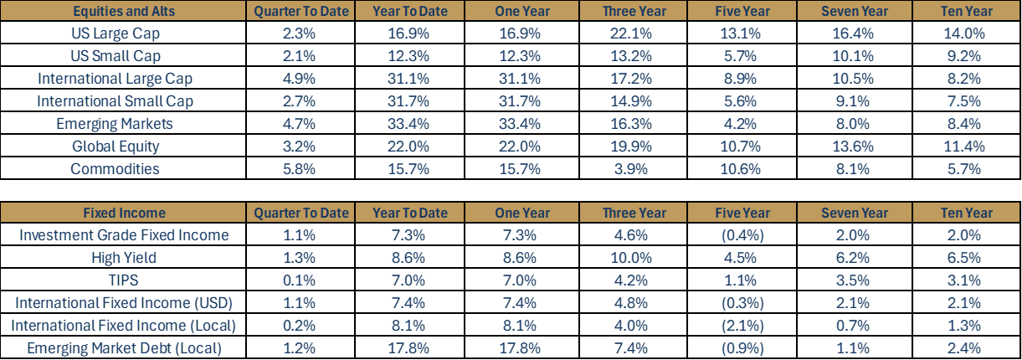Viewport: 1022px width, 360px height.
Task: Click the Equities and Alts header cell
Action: click(x=123, y=11)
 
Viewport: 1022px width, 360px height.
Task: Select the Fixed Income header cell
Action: click(x=123, y=213)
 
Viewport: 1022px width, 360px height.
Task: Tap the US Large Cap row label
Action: click(x=116, y=33)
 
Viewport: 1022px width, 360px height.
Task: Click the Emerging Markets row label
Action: click(x=115, y=124)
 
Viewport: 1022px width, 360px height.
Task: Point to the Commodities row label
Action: click(x=115, y=169)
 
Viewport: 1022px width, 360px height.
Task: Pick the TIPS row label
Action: click(x=124, y=280)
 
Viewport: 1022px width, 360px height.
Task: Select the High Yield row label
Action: click(x=124, y=258)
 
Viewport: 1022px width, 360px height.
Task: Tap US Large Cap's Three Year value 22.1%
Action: click(x=634, y=33)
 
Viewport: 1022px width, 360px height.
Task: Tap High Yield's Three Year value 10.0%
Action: click(x=634, y=258)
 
